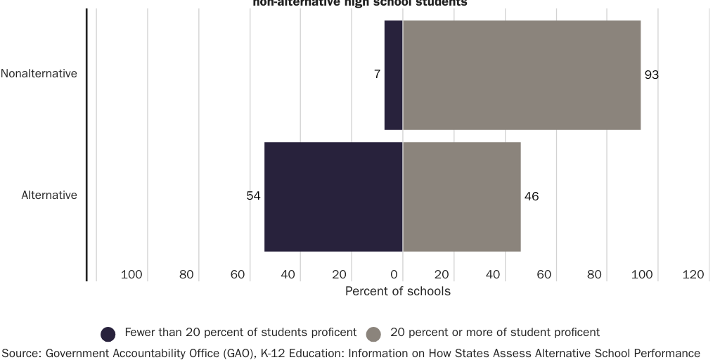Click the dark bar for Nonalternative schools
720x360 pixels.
click(393, 75)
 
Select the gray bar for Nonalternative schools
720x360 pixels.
click(521, 75)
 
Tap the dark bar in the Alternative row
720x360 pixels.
click(333, 197)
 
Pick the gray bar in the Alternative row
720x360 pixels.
click(461, 197)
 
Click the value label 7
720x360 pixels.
click(377, 75)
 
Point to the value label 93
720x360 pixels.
click(652, 75)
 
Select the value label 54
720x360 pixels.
click(253, 196)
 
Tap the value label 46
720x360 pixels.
click(532, 196)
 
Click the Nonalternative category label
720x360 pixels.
click(39, 73)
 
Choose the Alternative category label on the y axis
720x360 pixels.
click(49, 195)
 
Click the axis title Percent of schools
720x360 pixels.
click(398, 290)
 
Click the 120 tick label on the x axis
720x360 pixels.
click(693, 274)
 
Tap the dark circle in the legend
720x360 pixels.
click(108, 333)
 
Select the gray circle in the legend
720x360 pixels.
click(374, 333)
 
